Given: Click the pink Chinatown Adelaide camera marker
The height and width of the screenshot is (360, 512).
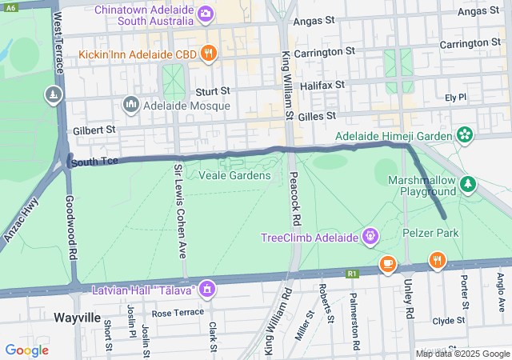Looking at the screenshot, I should pyautogui.click(x=206, y=13).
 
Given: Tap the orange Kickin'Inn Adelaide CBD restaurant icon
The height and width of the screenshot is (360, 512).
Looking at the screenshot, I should pyautogui.click(x=208, y=54).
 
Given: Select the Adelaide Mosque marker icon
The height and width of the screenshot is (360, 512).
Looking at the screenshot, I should pyautogui.click(x=131, y=105).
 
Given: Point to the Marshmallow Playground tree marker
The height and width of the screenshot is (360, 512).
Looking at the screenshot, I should pyautogui.click(x=469, y=186).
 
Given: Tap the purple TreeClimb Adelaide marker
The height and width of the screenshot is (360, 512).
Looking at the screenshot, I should pyautogui.click(x=369, y=237).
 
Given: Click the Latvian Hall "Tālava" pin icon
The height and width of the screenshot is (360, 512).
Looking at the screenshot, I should pyautogui.click(x=207, y=288).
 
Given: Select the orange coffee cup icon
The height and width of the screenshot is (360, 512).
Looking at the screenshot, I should pyautogui.click(x=387, y=262).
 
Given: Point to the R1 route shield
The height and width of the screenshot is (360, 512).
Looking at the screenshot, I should pyautogui.click(x=352, y=274).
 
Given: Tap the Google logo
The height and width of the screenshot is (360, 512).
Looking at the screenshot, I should pyautogui.click(x=26, y=350).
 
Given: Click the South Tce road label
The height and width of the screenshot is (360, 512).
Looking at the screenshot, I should pyautogui.click(x=94, y=162).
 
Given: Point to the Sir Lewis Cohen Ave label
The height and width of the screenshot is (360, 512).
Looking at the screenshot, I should pyautogui.click(x=180, y=210).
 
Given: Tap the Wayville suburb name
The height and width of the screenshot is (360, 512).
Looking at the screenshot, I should pyautogui.click(x=77, y=318).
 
